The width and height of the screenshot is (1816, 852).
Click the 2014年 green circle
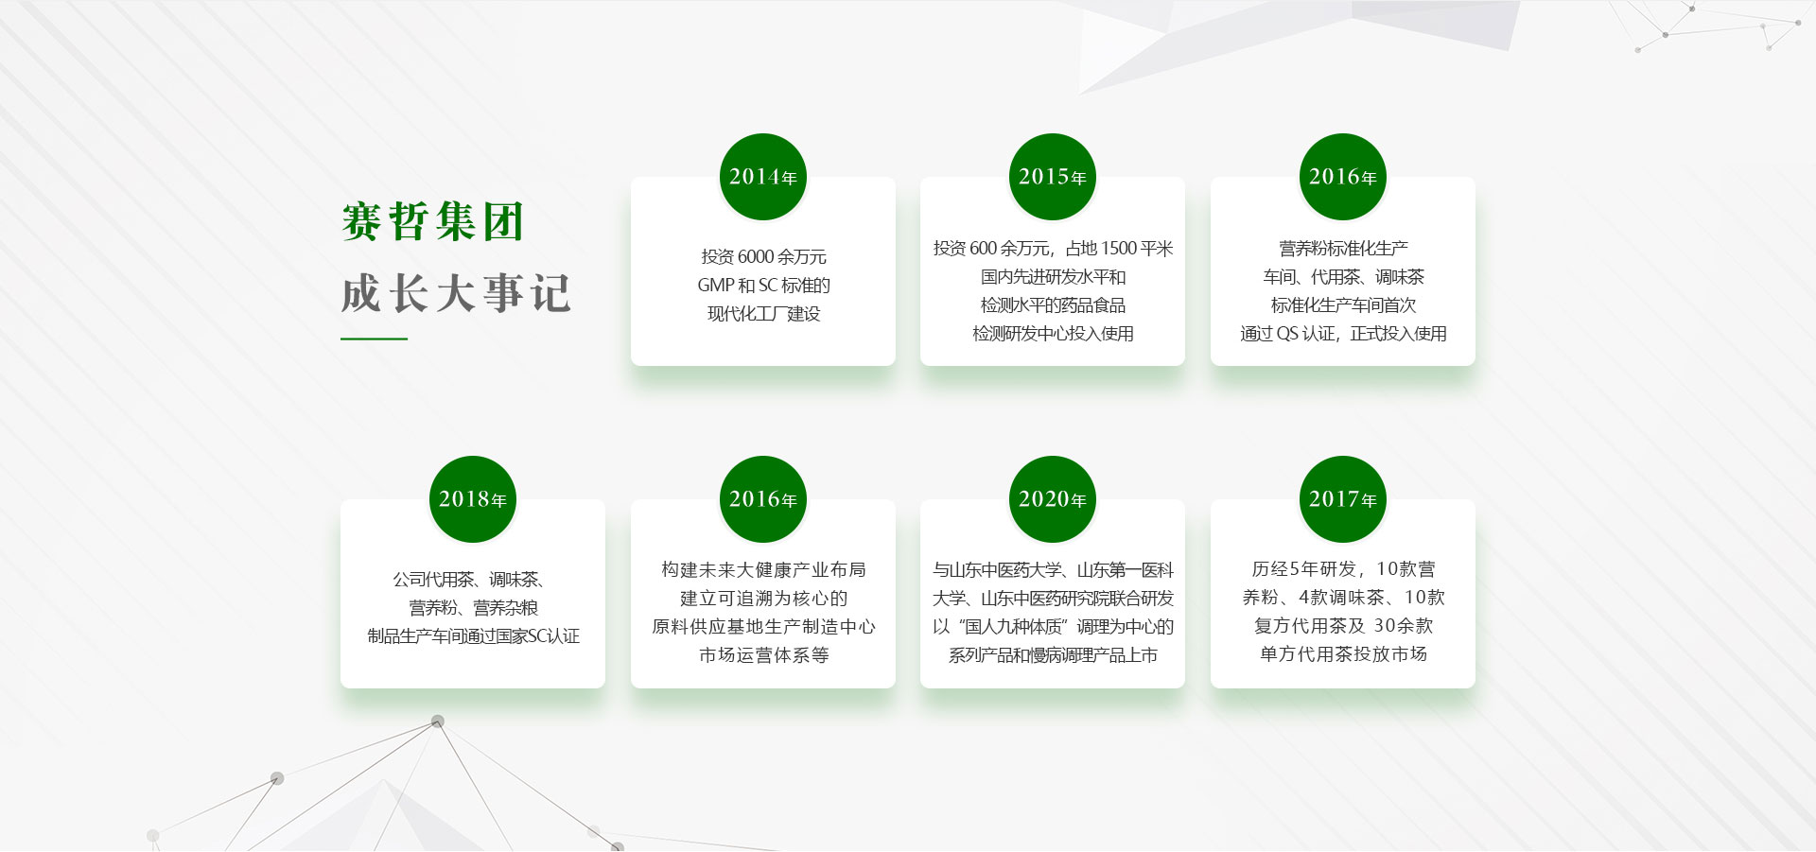(762, 177)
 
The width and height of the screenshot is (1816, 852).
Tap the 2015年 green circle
(1052, 177)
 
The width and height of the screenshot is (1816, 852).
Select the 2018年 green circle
(472, 499)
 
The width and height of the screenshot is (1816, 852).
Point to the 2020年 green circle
(1052, 499)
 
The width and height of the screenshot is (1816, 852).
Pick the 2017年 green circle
(1342, 499)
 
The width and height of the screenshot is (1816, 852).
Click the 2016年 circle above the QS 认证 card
(1342, 177)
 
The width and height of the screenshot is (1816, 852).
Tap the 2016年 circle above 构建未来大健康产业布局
(762, 499)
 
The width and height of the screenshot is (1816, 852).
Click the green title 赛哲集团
(432, 222)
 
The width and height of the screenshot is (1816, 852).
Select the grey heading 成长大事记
(456, 293)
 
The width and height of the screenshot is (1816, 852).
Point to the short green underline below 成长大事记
(374, 338)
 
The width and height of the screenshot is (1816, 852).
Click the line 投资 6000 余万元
(763, 256)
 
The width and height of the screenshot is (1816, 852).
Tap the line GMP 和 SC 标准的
(763, 285)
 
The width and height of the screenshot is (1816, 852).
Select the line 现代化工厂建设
(763, 313)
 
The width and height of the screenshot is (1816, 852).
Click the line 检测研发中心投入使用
(1053, 333)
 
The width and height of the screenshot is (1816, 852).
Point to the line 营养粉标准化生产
(1343, 248)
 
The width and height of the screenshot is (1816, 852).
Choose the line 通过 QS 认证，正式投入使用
(1343, 333)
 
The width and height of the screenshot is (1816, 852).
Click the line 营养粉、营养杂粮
(473, 607)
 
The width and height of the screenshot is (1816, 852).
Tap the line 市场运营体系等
(763, 654)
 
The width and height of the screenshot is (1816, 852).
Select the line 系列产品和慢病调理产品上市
(1053, 654)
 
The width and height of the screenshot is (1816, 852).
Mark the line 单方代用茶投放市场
(1343, 653)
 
